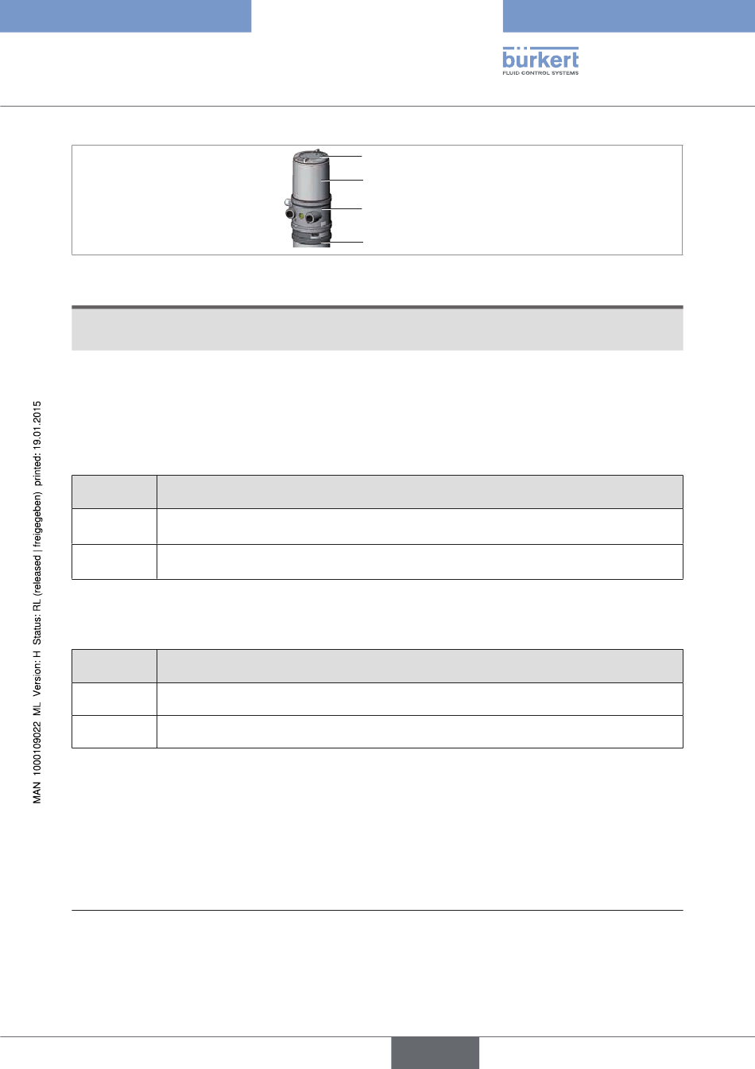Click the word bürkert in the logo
540,59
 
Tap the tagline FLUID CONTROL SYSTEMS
540,73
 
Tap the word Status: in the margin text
37,628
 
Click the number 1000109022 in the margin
37,748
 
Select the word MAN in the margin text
37,793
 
